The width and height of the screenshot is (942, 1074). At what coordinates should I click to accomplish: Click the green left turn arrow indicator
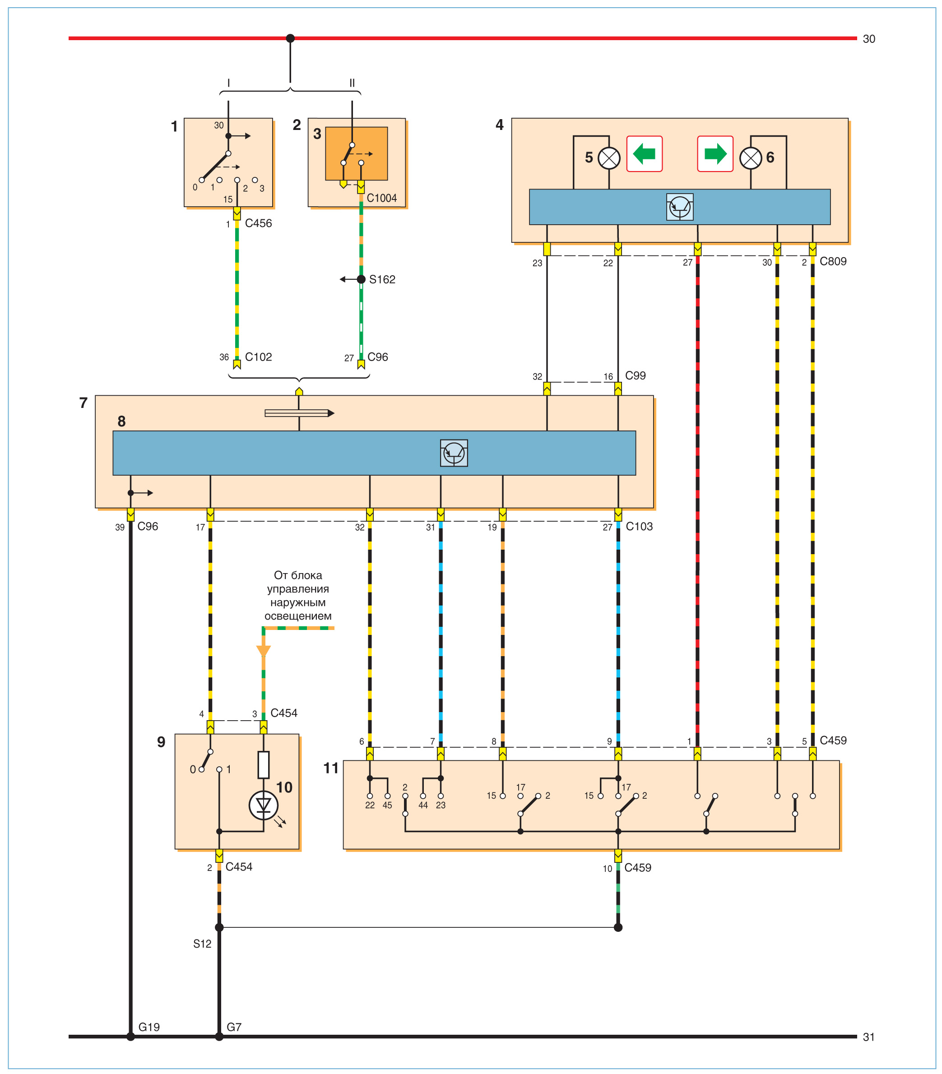click(644, 154)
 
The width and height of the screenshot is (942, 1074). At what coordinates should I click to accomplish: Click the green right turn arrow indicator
click(715, 154)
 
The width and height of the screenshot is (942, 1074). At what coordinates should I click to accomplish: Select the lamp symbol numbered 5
click(609, 158)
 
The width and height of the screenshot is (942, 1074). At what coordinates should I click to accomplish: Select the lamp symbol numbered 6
click(750, 158)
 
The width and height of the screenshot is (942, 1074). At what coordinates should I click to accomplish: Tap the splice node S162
click(361, 279)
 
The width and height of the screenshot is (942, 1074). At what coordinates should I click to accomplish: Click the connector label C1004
click(382, 198)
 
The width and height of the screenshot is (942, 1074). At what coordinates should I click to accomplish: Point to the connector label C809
click(833, 261)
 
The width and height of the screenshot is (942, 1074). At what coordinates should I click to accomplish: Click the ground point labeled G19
click(130, 1037)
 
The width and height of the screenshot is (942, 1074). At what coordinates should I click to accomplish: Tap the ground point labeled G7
click(219, 1037)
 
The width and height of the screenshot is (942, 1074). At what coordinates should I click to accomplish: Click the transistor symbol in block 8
click(454, 453)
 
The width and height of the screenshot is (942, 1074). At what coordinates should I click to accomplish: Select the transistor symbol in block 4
click(680, 207)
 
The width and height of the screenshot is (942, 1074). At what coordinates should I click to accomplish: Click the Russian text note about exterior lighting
click(297, 595)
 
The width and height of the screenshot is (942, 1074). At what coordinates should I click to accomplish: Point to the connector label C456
click(258, 223)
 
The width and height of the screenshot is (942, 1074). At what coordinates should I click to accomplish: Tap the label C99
click(635, 376)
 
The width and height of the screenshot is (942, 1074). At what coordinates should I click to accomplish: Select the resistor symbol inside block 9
click(263, 764)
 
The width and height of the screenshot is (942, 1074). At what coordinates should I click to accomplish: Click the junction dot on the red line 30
click(290, 38)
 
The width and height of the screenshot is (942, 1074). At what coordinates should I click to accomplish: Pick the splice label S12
click(202, 944)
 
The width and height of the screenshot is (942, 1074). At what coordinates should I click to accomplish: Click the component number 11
click(331, 768)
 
